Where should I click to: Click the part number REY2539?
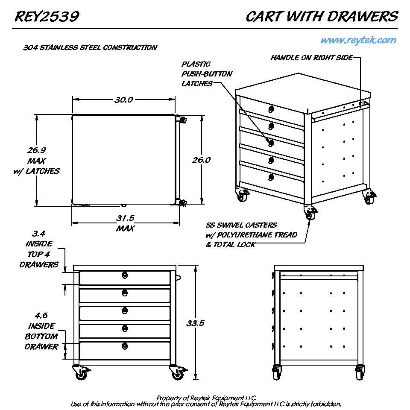pyautogui.click(x=47, y=17)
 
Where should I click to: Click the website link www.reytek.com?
pyautogui.click(x=358, y=41)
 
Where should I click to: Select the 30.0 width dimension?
pyautogui.click(x=123, y=100)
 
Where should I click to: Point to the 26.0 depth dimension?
pyautogui.click(x=201, y=160)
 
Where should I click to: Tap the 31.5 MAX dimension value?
pyautogui.click(x=125, y=218)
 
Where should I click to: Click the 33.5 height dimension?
pyautogui.click(x=196, y=323)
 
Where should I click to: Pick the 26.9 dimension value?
pyautogui.click(x=37, y=150)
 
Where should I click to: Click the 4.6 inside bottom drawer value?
pyautogui.click(x=41, y=316)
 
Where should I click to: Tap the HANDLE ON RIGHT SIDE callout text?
pyautogui.click(x=312, y=58)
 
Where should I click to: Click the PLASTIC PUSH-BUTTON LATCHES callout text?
pyautogui.click(x=207, y=74)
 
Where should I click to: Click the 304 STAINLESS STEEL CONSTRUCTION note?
pyautogui.click(x=90, y=47)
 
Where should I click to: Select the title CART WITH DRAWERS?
pyautogui.click(x=322, y=17)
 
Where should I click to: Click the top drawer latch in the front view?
pyautogui.click(x=124, y=275)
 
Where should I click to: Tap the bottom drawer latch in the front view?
pyautogui.click(x=124, y=346)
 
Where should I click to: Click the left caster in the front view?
pyautogui.click(x=80, y=373)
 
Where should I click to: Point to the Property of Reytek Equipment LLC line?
pyautogui.click(x=206, y=398)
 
